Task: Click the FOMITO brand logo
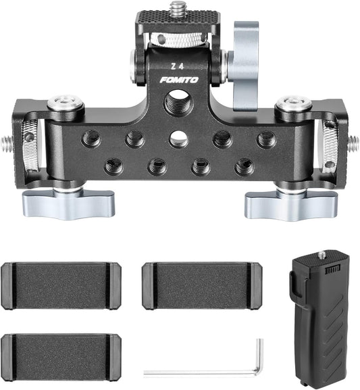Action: (x=179, y=80)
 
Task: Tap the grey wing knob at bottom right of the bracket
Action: (x=290, y=202)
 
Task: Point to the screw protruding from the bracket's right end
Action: (x=352, y=143)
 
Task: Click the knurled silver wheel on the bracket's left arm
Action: (x=29, y=145)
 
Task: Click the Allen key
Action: (x=253, y=365)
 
